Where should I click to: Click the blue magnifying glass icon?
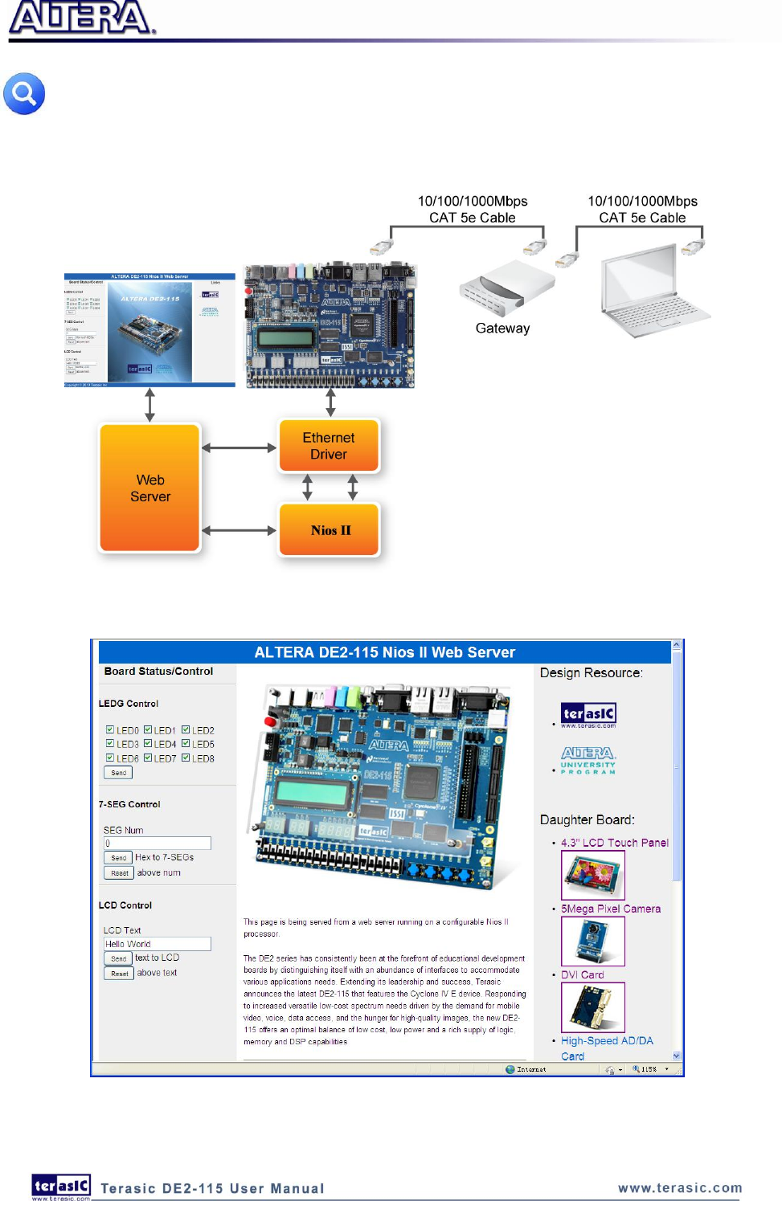pos(24,94)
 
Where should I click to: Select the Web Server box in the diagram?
pos(149,488)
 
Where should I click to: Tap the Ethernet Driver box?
pos(329,446)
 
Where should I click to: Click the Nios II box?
pos(330,530)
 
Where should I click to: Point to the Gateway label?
pos(502,329)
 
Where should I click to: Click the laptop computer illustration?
pos(650,292)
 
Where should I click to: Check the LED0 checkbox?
pos(110,730)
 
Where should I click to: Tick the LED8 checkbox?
pos(186,758)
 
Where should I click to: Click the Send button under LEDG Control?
pos(118,773)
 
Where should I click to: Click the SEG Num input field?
pos(158,843)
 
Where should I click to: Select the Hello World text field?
pos(158,944)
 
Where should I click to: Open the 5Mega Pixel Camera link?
pos(611,909)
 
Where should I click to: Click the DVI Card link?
pos(583,974)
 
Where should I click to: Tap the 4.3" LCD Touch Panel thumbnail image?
pos(592,875)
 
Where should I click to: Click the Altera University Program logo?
pos(588,759)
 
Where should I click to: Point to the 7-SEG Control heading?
pos(129,804)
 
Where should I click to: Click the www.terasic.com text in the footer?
pos(680,1188)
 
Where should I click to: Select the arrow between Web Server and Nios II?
pos(239,530)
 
